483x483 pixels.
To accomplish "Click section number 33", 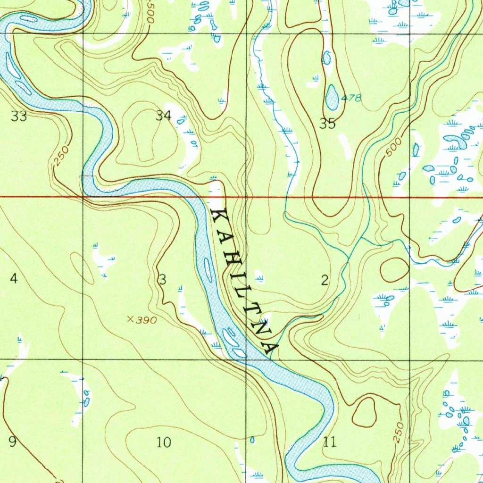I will point(19,116).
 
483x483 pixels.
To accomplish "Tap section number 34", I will point(163,116).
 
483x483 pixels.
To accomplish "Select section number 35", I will point(327,124).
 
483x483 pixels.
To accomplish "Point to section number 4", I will point(14,279).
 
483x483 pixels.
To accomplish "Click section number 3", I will point(162,280).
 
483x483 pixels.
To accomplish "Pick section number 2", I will point(325,281).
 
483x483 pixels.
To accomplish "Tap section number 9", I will point(13,442).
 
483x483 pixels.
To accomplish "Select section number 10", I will point(163,442).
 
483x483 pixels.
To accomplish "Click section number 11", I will point(330,442).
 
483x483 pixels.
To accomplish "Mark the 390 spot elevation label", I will point(147,320).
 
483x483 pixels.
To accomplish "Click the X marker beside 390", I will point(131,319).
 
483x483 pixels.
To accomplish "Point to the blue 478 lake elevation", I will point(351,98).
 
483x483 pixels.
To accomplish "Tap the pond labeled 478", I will point(332,98).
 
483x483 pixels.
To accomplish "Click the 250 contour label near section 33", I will point(61,156).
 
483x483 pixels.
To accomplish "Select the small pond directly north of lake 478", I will point(326,58).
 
